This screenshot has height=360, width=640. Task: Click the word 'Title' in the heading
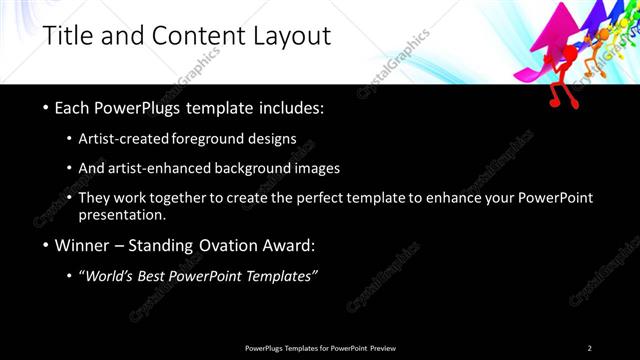tap(67, 37)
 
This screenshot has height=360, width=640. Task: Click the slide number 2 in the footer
tap(589, 348)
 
